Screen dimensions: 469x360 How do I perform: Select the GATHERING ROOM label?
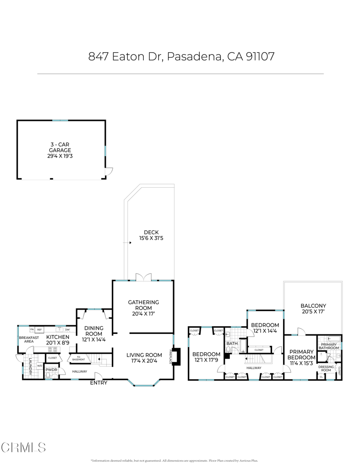coord(143,305)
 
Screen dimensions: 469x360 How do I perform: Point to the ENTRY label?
coord(98,382)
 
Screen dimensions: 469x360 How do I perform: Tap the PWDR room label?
coord(51,370)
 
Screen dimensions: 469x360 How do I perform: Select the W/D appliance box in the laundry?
coord(39,365)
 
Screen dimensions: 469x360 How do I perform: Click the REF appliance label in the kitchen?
coord(40,329)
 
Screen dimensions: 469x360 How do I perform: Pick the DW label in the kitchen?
coord(67,329)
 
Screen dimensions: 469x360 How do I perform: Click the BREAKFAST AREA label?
coord(26,339)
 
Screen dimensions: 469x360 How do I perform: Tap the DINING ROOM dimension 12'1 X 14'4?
coord(93,339)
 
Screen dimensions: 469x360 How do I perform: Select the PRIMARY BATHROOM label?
coord(329,346)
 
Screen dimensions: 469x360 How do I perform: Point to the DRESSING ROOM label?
coord(326,368)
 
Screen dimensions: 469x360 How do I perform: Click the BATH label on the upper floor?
coord(232,343)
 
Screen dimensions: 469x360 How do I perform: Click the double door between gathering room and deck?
coord(143,278)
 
